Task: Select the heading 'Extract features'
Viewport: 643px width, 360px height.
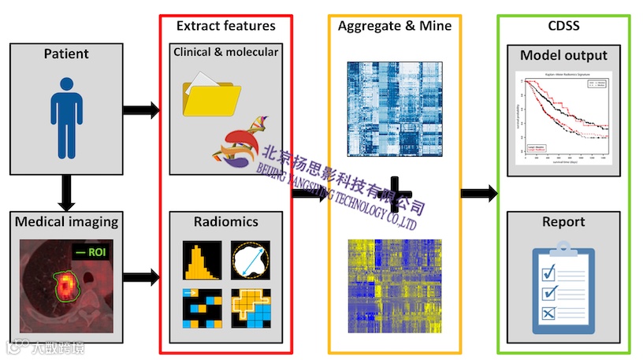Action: click(x=225, y=26)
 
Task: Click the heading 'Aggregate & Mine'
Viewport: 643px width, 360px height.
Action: click(x=394, y=26)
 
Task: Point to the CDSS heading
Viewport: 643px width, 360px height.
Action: click(x=563, y=26)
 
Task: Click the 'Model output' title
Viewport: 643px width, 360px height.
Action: click(x=563, y=55)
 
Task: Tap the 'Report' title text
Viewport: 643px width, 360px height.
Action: click(x=563, y=221)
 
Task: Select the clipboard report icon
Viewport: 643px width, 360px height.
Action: click(x=563, y=289)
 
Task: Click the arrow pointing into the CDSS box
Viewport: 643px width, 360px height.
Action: click(x=479, y=192)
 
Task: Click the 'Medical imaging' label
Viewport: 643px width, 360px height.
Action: click(x=66, y=222)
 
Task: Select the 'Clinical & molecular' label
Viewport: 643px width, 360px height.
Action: click(x=225, y=52)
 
